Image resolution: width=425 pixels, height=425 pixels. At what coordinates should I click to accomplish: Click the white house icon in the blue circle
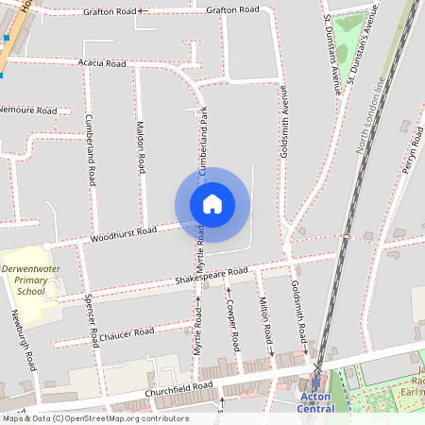[x=212, y=204]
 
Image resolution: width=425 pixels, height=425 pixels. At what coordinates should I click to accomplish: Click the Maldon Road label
[x=141, y=145]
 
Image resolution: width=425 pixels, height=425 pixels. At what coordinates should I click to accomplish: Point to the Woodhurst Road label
[x=124, y=233]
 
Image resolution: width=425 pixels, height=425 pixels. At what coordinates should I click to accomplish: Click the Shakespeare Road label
[x=211, y=277]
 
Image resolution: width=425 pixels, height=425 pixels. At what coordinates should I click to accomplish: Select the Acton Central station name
[x=315, y=402]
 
